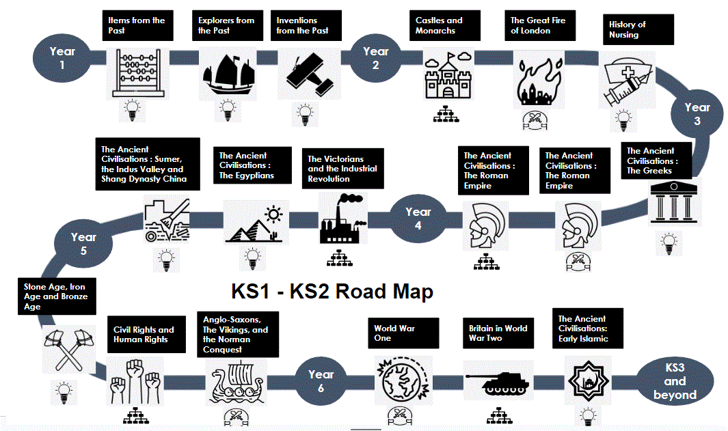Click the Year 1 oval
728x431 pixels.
(62, 57)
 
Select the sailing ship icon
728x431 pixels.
(225, 73)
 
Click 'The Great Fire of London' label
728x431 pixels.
(538, 26)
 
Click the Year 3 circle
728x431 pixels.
(697, 114)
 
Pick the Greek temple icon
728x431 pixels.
(668, 204)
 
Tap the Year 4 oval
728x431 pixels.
(418, 218)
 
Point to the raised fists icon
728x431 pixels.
(135, 383)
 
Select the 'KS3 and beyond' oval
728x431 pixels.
(675, 382)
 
